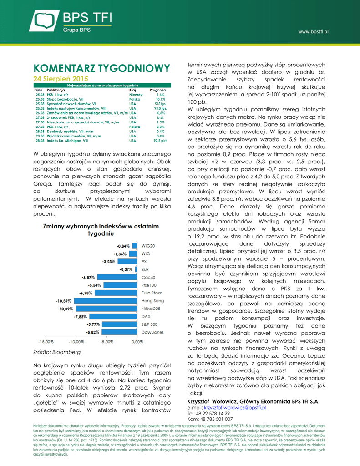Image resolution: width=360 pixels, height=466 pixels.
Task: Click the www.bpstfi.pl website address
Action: [x=313, y=31]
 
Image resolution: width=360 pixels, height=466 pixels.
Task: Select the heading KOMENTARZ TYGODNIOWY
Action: [x=98, y=68]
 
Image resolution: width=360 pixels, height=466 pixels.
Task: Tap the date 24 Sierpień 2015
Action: [x=61, y=79]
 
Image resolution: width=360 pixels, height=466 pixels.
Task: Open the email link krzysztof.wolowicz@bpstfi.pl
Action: [x=236, y=407]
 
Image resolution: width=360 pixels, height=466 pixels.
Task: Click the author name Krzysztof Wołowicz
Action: [x=213, y=401]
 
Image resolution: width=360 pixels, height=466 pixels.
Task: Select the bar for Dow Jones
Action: [x=120, y=332]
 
